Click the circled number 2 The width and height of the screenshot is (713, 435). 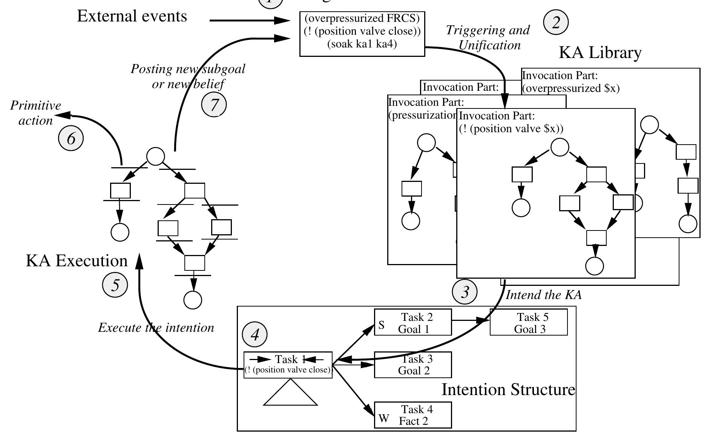click(x=555, y=22)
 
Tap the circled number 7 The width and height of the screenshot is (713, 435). click(x=214, y=104)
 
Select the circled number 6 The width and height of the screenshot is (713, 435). click(x=71, y=139)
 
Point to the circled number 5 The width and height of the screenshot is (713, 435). click(x=115, y=285)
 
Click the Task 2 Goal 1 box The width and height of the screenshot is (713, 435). click(x=413, y=322)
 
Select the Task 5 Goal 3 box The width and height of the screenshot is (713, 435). click(x=529, y=322)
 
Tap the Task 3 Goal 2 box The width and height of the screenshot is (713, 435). click(x=413, y=365)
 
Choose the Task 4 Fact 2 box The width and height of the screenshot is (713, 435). click(x=413, y=415)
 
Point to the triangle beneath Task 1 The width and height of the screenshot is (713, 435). click(x=290, y=394)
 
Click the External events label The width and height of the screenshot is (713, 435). click(x=132, y=16)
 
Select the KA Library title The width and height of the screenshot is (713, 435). click(x=600, y=53)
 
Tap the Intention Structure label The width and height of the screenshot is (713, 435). click(x=508, y=389)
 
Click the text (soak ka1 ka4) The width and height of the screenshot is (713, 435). click(x=362, y=44)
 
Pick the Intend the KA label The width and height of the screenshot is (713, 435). click(x=543, y=295)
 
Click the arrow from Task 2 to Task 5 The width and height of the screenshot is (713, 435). click(x=471, y=321)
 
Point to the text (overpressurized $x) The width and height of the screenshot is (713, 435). click(x=571, y=89)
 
